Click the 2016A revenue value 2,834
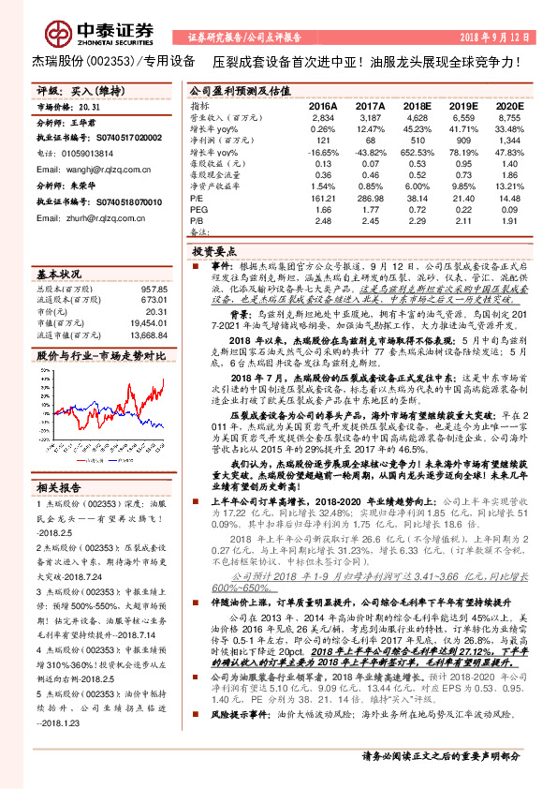coord(322,119)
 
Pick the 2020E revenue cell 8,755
coord(506,119)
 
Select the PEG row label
coord(198,210)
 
